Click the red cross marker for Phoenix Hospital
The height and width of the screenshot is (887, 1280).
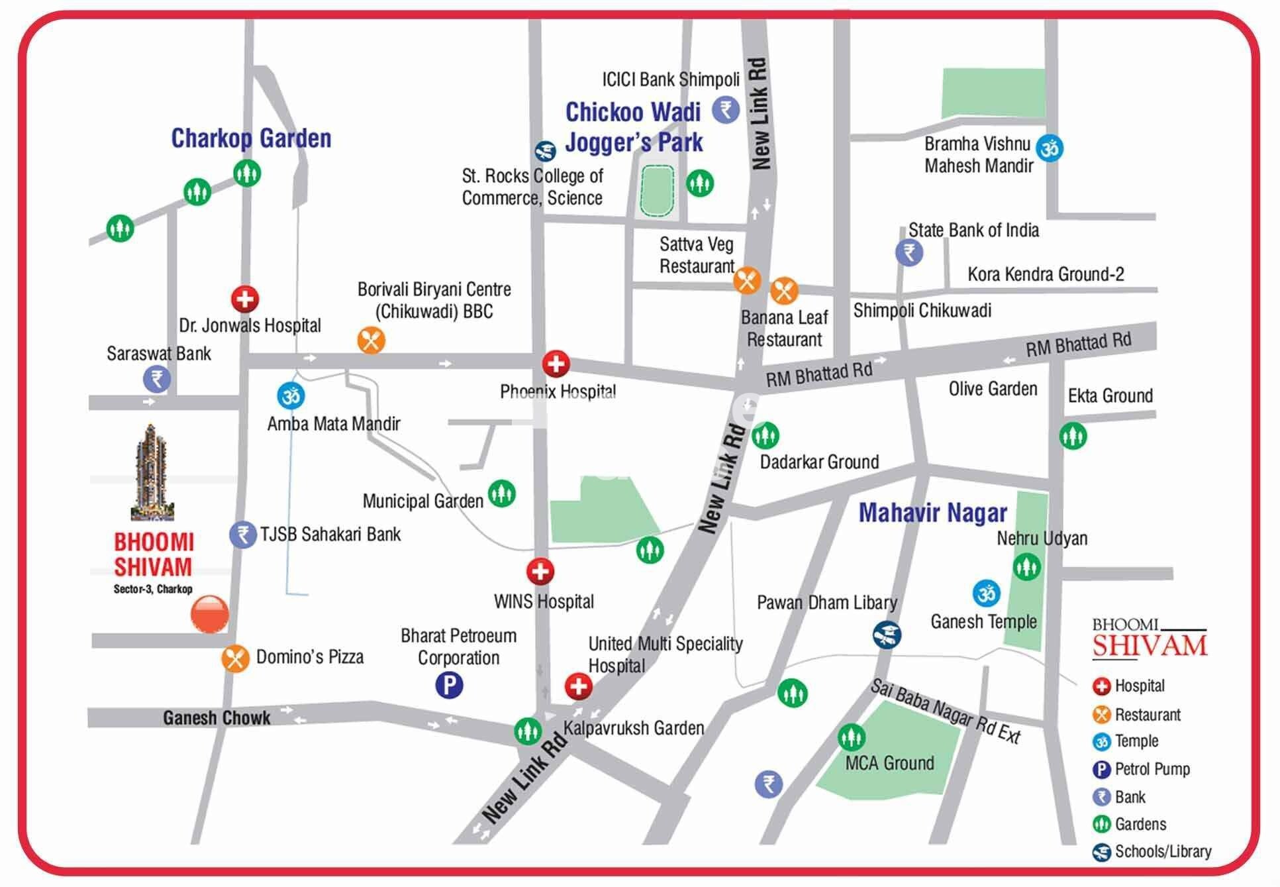556,364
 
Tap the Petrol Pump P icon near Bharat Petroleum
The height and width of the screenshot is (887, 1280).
449,684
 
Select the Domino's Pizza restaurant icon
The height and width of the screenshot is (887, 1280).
235,658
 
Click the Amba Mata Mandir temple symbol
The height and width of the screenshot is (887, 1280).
291,395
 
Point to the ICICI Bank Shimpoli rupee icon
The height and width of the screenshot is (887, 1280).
726,109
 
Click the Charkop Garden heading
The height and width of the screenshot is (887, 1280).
251,138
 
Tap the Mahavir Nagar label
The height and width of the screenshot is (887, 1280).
932,513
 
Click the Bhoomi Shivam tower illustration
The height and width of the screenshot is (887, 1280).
152,472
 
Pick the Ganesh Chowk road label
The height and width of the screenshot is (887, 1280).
217,718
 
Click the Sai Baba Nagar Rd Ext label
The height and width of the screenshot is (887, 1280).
945,711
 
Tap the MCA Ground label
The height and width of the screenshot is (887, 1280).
889,763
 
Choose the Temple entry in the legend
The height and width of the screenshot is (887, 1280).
1136,741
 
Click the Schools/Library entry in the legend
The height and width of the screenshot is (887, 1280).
1162,852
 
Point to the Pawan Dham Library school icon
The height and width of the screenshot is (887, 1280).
887,635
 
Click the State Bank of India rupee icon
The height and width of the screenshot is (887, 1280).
909,252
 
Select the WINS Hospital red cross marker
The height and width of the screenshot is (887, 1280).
540,571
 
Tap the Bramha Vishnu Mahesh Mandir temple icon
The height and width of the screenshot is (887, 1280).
1050,148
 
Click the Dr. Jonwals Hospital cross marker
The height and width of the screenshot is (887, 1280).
245,299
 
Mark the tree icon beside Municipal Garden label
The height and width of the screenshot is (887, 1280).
502,494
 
